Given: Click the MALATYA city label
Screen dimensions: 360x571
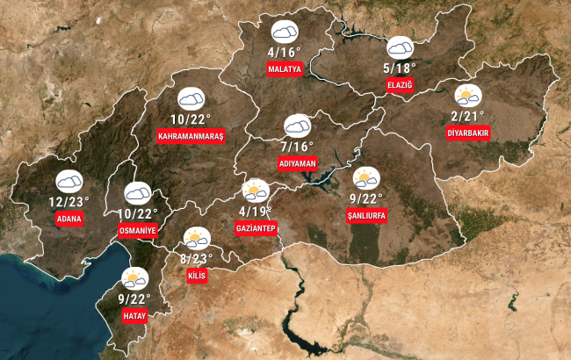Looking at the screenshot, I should click(x=285, y=68).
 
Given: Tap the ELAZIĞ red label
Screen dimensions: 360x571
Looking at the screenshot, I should click(x=399, y=84).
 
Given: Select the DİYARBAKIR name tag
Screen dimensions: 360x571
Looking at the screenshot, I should click(x=468, y=133).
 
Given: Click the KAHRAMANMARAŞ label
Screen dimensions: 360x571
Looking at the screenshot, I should click(x=192, y=136).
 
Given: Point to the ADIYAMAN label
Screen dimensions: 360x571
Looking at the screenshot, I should click(x=297, y=163).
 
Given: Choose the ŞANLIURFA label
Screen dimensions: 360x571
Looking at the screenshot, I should click(x=366, y=215).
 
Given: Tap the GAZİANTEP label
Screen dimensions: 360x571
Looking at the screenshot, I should click(x=257, y=229).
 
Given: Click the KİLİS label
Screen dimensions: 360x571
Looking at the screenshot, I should click(x=197, y=276).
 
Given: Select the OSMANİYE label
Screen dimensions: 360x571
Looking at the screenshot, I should click(x=137, y=229).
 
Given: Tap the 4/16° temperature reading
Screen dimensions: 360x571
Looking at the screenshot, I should click(x=285, y=52).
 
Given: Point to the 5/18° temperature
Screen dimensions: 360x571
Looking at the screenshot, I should click(x=400, y=67).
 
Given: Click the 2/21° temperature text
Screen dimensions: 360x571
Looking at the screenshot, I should click(x=468, y=116).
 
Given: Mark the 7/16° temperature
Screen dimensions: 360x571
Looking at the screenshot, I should click(x=297, y=146).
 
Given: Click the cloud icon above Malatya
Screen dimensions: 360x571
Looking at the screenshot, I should click(x=285, y=33).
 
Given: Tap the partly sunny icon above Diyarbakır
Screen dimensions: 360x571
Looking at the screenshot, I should click(x=467, y=95).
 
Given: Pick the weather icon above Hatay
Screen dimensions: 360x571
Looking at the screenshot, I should click(x=134, y=278).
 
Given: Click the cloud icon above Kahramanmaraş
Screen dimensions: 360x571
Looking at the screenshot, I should click(x=191, y=98).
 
